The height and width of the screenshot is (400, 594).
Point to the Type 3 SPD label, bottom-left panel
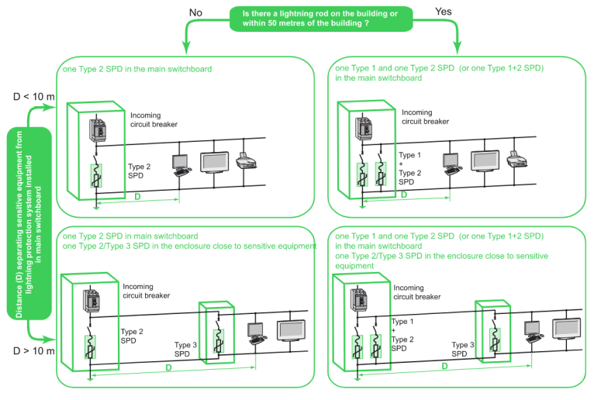coord(187,349)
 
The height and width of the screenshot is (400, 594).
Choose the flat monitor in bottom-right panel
coord(566,330)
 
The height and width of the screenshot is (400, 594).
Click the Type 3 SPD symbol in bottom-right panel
coord(493,339)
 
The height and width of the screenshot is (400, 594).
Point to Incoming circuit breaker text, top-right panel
coord(425,117)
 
